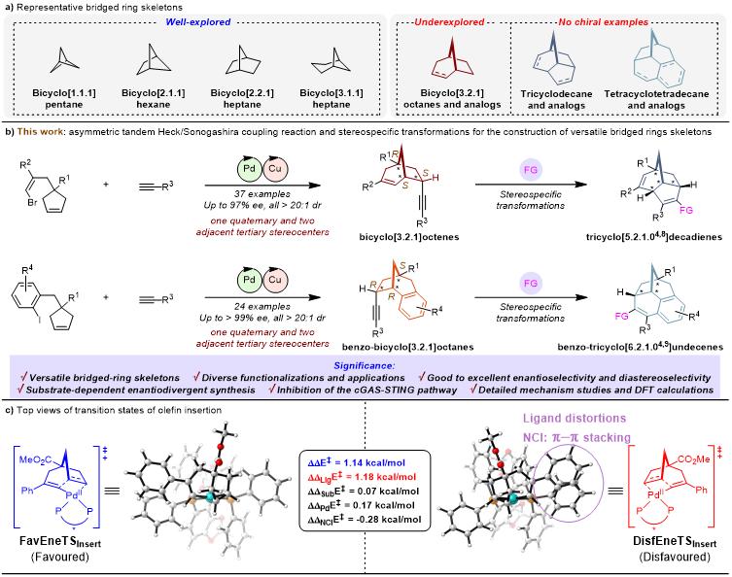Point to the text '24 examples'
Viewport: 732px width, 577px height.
pyautogui.click(x=261, y=321)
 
